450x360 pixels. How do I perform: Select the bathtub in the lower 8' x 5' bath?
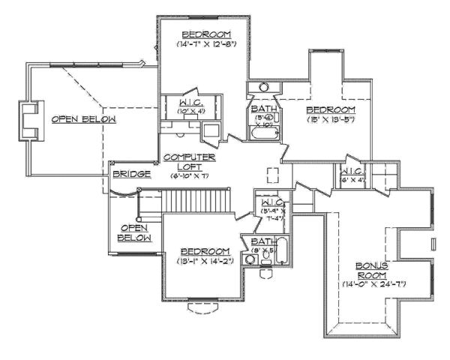pyautogui.click(x=283, y=251)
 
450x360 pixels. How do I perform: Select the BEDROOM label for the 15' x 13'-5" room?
pyautogui.click(x=330, y=109)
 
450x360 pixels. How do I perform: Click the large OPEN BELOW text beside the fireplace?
pyautogui.click(x=83, y=119)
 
